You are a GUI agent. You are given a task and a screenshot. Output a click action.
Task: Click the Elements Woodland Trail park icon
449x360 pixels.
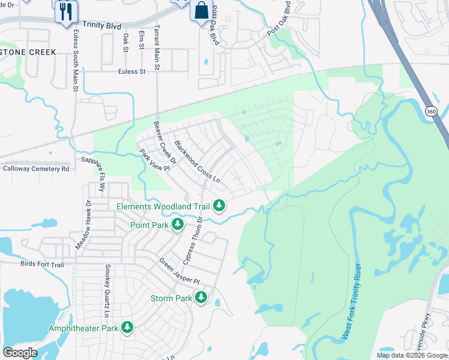click(x=219, y=206)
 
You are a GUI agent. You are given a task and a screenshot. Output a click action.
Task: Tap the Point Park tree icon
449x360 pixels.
click(x=178, y=224)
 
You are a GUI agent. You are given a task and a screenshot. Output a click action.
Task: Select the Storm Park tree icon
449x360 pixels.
click(x=201, y=298)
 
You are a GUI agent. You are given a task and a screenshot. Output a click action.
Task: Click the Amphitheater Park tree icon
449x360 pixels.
click(x=127, y=328)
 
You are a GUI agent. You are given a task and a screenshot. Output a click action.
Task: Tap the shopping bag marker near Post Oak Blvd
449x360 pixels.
click(x=200, y=11)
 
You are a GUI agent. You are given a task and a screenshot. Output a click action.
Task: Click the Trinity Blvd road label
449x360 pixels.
click(x=102, y=26)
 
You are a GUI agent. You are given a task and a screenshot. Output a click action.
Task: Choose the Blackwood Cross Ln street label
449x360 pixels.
click(x=197, y=163)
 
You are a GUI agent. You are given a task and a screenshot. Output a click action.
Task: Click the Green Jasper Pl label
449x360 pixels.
click(x=179, y=271)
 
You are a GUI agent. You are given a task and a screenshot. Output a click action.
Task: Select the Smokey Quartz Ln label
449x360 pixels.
click(x=107, y=290)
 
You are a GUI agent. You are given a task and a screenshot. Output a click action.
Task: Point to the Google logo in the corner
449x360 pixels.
click(x=20, y=353)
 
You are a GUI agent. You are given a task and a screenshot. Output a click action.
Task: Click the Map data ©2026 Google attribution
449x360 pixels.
click(x=412, y=355)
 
